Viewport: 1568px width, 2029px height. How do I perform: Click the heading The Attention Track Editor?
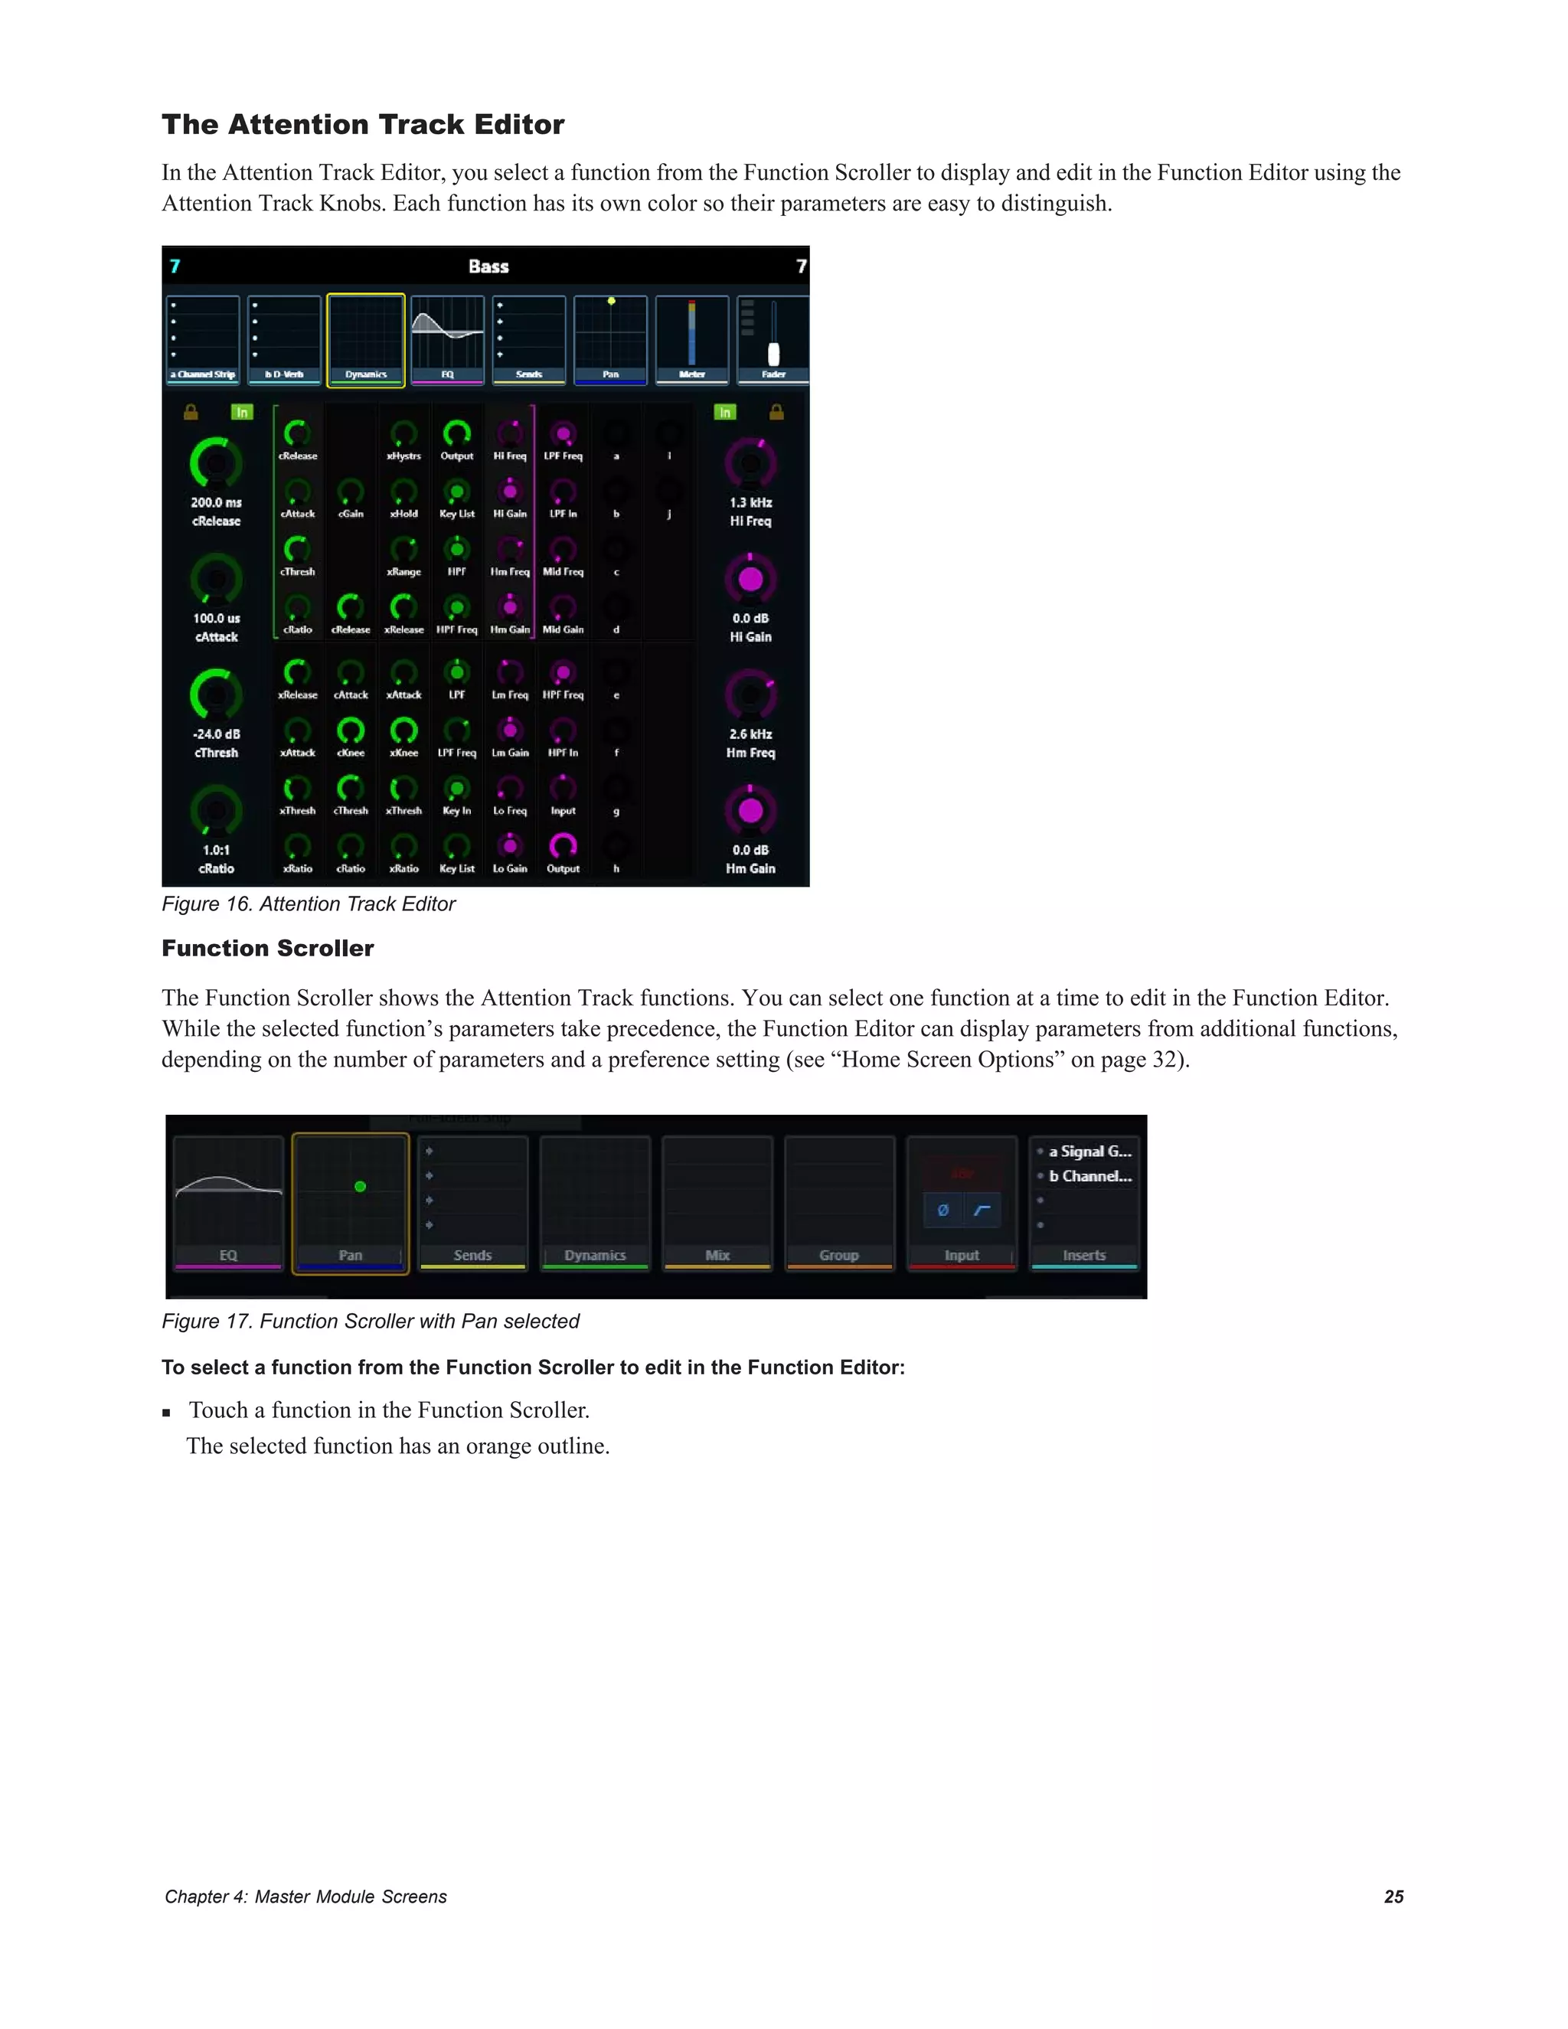click(362, 125)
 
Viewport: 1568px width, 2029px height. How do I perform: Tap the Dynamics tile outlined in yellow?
click(366, 340)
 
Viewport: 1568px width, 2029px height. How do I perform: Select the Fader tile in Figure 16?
click(773, 340)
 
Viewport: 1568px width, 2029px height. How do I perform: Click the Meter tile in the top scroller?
click(692, 340)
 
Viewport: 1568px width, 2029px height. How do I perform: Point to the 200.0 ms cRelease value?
click(217, 502)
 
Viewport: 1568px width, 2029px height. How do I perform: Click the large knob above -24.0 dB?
click(217, 694)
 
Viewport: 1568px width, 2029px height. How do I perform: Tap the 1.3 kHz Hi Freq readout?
click(750, 502)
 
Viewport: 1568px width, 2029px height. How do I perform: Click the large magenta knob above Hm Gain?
click(750, 811)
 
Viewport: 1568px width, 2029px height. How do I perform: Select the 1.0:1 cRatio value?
click(217, 850)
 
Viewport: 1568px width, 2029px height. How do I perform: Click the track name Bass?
click(488, 266)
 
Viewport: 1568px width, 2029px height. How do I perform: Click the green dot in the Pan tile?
click(361, 1186)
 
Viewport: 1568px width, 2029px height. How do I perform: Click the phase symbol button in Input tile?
click(942, 1211)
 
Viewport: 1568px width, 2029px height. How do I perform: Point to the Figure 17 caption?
click(371, 1321)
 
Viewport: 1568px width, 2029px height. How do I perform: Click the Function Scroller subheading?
click(267, 949)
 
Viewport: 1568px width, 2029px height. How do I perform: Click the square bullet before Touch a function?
click(166, 1412)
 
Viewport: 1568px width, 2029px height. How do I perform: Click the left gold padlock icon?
click(191, 413)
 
